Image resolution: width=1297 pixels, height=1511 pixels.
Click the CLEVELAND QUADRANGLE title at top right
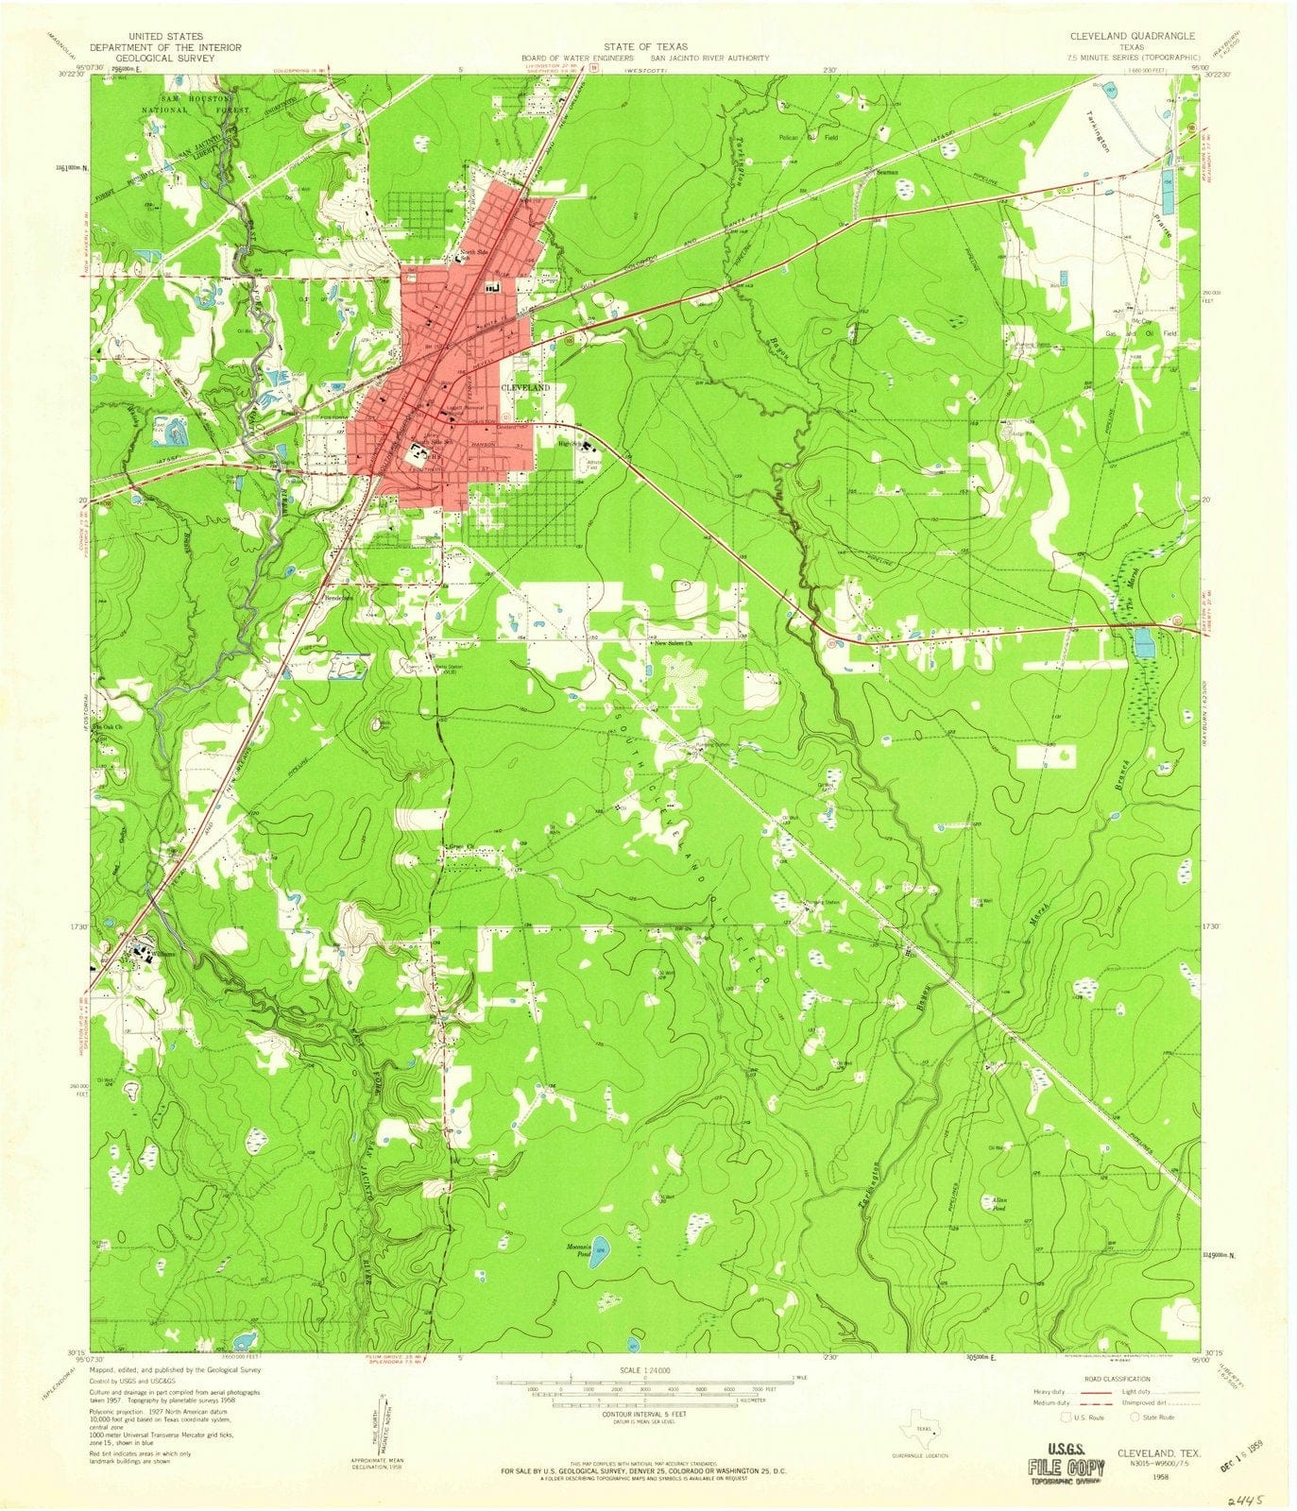pos(1132,36)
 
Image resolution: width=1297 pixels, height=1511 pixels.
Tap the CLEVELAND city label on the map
pos(525,388)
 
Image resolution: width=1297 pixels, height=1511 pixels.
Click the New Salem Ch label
pos(673,642)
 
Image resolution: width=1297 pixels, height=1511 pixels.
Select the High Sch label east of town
pos(568,443)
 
